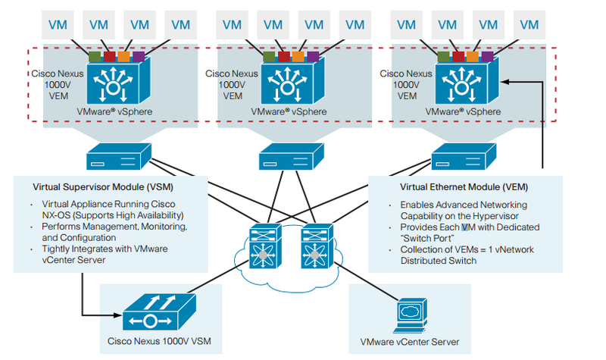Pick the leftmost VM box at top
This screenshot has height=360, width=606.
point(57,23)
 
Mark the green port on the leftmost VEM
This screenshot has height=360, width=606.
point(94,56)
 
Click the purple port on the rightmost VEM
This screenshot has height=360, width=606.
point(486,56)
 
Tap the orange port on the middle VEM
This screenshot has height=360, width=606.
point(298,56)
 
